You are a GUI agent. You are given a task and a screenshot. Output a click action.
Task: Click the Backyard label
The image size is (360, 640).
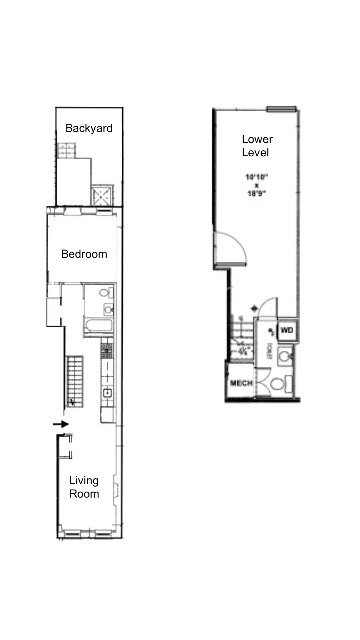89,128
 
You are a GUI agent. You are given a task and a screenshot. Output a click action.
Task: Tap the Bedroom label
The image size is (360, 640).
84,254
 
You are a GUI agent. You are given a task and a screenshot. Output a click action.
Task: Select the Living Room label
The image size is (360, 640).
84,487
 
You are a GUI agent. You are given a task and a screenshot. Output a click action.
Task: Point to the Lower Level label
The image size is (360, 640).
257,146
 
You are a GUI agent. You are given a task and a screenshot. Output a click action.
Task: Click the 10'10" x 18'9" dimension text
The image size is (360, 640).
257,185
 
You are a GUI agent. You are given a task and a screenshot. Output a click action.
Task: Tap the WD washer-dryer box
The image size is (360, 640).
287,330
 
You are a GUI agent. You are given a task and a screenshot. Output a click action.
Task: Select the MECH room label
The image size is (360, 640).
241,383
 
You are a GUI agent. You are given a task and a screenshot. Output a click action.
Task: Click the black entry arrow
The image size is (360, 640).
61,424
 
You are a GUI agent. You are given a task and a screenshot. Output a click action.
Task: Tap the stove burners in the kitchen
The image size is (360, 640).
107,351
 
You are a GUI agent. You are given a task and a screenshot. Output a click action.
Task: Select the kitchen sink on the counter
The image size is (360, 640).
107,393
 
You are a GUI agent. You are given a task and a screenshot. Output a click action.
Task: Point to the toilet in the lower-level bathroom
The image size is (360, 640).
279,384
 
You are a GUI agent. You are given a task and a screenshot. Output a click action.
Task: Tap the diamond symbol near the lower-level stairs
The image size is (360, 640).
255,308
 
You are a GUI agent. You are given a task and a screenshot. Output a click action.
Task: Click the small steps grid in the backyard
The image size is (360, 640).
66,150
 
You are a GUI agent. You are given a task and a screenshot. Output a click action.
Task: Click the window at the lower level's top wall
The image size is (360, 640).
281,108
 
